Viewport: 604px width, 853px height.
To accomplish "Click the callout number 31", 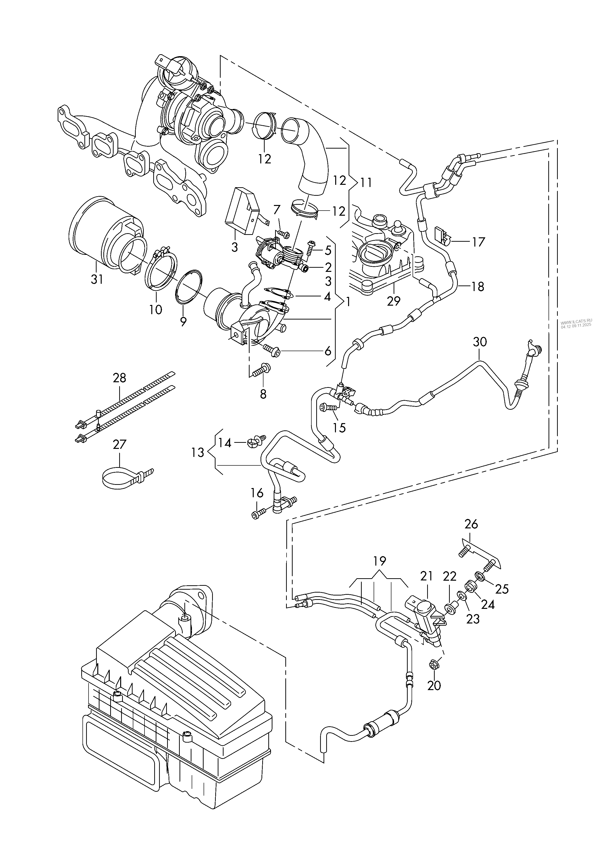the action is click(x=97, y=279).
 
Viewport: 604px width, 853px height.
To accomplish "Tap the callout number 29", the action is click(x=394, y=301).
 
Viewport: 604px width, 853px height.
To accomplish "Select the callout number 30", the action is click(x=480, y=342).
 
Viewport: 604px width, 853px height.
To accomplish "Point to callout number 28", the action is click(x=119, y=378).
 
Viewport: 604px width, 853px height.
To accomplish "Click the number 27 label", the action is click(x=119, y=444).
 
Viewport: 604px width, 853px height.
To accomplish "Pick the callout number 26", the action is click(x=471, y=524).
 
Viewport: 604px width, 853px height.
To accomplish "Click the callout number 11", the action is click(x=366, y=183).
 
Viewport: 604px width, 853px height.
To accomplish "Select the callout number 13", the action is click(x=198, y=452).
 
